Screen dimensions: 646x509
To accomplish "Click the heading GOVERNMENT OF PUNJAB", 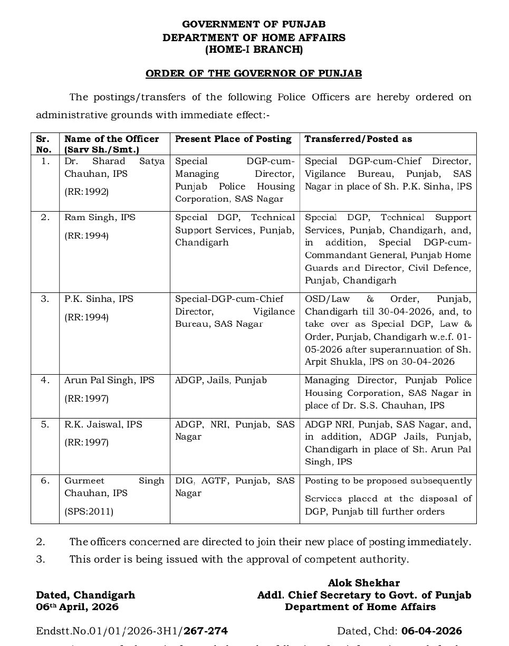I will click(254, 24).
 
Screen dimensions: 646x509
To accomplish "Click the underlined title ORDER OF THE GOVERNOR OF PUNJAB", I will click(254, 73).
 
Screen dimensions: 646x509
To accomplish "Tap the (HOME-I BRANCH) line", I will click(254, 50).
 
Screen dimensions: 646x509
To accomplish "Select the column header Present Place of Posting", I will click(233, 139).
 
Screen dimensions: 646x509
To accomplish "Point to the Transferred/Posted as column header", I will click(358, 139).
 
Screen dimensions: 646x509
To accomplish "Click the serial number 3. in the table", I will click(45, 299).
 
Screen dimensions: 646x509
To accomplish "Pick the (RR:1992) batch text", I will click(87, 192).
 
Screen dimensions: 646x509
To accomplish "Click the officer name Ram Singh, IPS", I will click(100, 217).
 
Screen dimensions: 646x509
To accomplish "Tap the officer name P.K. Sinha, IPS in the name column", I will click(99, 299).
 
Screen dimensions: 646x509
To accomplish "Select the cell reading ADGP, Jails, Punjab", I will click(221, 380).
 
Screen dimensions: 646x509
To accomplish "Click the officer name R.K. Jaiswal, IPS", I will click(103, 424).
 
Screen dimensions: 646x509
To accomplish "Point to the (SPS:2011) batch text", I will click(89, 511).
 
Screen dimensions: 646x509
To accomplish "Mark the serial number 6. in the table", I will click(45, 480).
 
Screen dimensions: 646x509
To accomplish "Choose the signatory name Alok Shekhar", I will click(363, 583).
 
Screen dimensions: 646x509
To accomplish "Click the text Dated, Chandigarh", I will click(85, 595).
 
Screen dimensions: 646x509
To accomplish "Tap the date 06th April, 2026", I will click(77, 607).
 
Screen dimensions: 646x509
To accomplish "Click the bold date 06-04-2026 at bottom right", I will click(431, 631).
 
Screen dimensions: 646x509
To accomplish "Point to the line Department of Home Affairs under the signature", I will click(360, 607).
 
